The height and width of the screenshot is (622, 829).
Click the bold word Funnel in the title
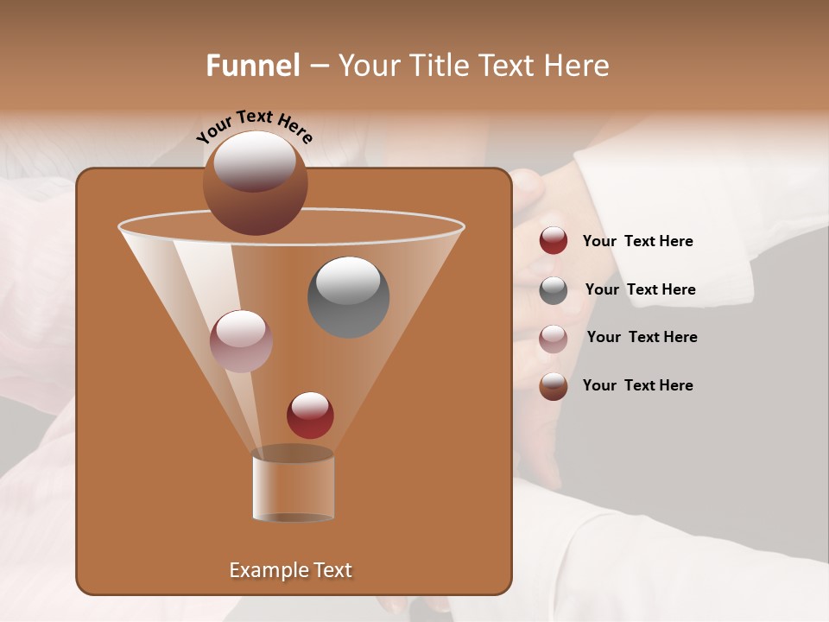(253, 65)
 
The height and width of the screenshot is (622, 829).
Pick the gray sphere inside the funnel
(348, 297)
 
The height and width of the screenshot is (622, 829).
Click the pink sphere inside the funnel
(241, 341)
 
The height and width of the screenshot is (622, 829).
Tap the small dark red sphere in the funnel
(310, 416)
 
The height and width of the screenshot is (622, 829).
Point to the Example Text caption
(290, 570)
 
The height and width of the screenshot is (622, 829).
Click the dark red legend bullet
(554, 241)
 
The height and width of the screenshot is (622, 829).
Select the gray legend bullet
(554, 289)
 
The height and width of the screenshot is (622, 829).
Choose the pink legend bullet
(554, 338)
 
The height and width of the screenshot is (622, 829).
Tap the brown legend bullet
(554, 386)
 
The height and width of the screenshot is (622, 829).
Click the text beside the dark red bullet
(637, 241)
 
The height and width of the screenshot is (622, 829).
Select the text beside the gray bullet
(640, 289)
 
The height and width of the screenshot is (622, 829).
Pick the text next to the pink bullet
(642, 337)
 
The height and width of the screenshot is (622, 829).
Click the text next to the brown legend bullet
(637, 385)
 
